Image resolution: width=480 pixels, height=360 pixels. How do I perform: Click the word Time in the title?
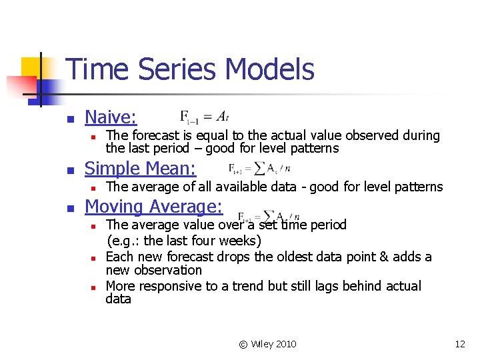point(94,69)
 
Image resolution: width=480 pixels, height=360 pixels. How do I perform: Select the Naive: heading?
point(111,117)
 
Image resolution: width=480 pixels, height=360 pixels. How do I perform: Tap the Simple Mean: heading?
point(141,169)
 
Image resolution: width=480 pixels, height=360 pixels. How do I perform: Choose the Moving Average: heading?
point(153,207)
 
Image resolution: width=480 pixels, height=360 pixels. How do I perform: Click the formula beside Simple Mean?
point(259,168)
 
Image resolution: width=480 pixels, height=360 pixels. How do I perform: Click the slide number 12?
point(459,344)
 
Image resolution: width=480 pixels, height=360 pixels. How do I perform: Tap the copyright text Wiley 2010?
point(267,344)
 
